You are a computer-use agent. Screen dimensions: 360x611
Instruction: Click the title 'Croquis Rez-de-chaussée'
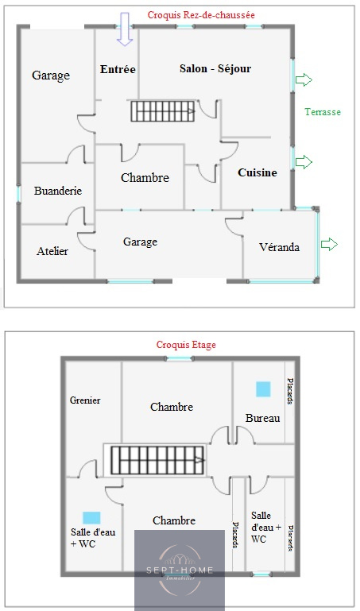pos(201,15)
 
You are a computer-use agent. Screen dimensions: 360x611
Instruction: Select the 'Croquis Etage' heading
pos(186,345)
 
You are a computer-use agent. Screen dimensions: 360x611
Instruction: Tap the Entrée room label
pos(118,69)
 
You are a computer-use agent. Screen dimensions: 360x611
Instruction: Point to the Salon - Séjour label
pos(215,68)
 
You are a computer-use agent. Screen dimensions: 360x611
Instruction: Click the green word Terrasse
pos(323,112)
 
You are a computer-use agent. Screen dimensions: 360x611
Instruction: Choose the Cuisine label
pos(257,172)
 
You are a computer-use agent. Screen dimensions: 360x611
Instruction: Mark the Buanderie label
pos(58,191)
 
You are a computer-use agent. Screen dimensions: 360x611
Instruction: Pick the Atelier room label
pos(52,251)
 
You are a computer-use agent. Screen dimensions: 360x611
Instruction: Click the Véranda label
pos(279,247)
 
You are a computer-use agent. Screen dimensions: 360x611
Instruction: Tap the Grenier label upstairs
pos(85,400)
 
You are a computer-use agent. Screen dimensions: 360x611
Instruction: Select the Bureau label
pos(262,418)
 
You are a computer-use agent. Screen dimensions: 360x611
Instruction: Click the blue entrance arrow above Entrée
pos(125,29)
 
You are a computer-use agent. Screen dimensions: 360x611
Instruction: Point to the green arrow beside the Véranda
pos(329,245)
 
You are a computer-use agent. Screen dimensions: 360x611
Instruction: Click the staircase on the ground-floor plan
pos(162,111)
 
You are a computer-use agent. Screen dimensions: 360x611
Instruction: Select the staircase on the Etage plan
pos(157,460)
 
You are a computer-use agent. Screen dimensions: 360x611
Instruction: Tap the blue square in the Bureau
pos(263,389)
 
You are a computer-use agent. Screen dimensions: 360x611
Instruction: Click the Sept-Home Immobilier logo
pos(180,570)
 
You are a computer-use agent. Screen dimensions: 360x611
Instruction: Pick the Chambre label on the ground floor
pos(145,178)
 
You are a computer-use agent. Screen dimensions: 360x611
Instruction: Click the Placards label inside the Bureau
pos(290,391)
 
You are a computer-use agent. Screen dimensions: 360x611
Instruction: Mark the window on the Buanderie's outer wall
pos(18,194)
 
